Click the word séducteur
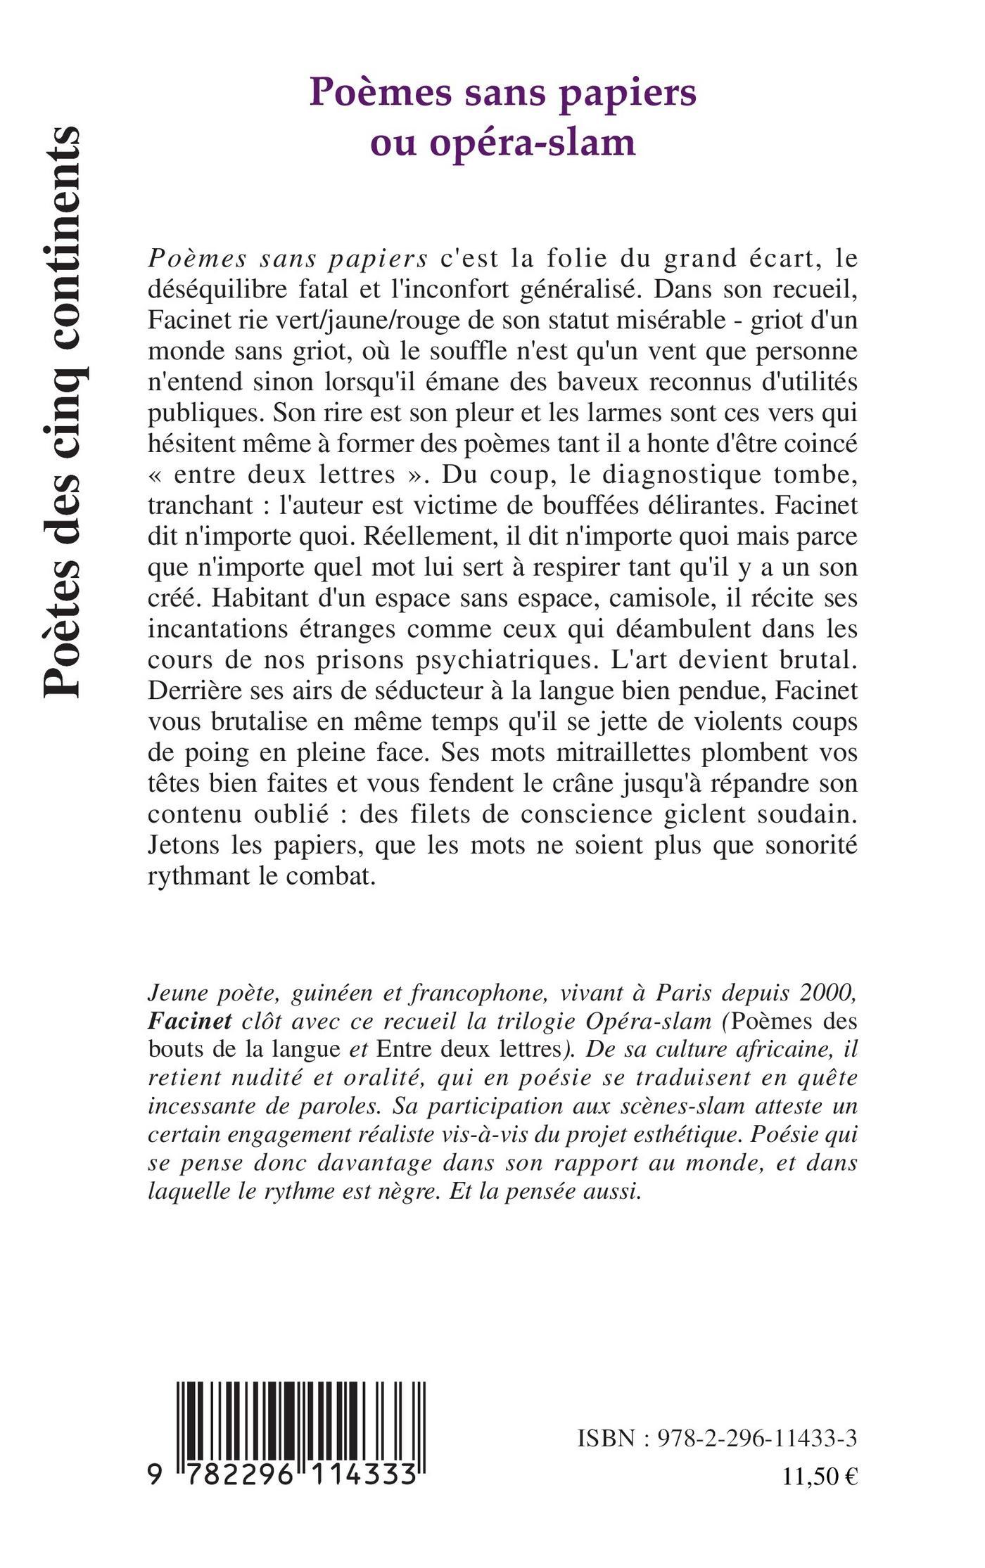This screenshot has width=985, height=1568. pyautogui.click(x=376, y=691)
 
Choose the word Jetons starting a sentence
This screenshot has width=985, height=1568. pyautogui.click(x=183, y=846)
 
